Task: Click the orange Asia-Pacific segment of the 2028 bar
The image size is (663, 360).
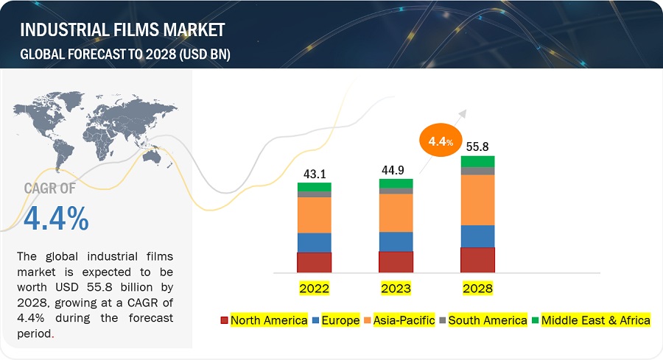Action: coord(477,200)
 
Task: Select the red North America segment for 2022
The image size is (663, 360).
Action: coord(315,262)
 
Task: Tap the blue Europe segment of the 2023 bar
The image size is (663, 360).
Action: coord(396,241)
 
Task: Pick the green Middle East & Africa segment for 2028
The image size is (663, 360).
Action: coord(477,161)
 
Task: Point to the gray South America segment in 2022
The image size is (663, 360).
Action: coord(315,194)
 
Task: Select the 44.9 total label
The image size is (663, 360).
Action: coord(396,171)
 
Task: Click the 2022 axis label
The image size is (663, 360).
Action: coord(315,288)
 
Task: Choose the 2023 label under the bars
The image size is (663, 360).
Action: coord(396,288)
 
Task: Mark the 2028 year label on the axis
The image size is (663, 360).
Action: coord(477,288)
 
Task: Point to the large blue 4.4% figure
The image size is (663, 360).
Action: coord(56,218)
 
